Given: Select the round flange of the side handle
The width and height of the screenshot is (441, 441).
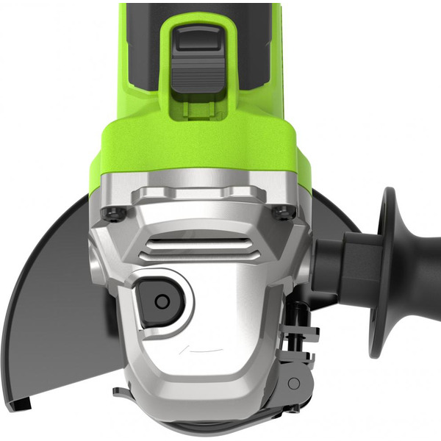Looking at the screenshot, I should point(384,272).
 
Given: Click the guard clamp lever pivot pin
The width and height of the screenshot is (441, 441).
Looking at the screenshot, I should point(293,384).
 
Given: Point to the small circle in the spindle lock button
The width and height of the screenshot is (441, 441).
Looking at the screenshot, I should point(161,301).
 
